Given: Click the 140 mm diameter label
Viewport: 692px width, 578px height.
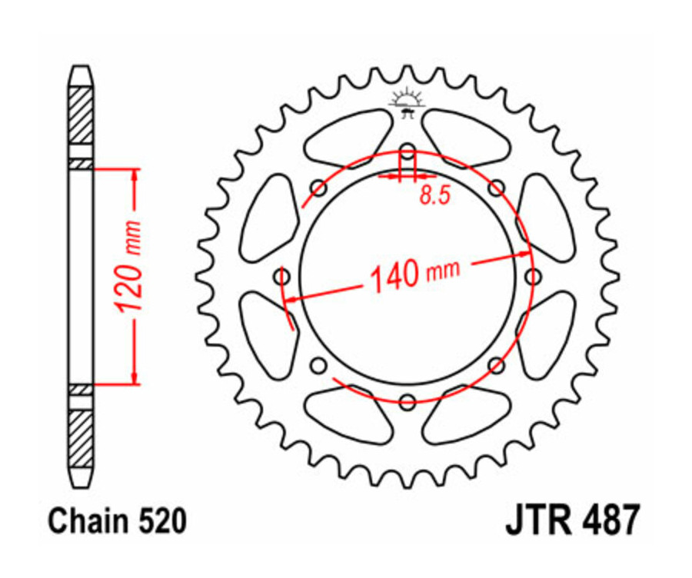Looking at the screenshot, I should click(415, 273).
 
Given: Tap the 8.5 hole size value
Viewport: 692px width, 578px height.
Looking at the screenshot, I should click(434, 196).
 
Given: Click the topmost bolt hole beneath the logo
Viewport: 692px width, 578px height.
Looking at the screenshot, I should click(408, 150).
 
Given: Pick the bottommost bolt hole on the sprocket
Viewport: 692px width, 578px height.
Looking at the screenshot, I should click(408, 400).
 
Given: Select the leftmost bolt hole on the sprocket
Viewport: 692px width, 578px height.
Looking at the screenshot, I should click(282, 275).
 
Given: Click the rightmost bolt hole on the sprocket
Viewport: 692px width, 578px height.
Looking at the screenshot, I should click(532, 275).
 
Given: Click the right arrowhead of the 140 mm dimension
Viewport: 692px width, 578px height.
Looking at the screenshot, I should click(523, 255).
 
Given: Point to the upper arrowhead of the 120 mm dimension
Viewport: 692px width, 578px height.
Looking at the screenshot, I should click(135, 174).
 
